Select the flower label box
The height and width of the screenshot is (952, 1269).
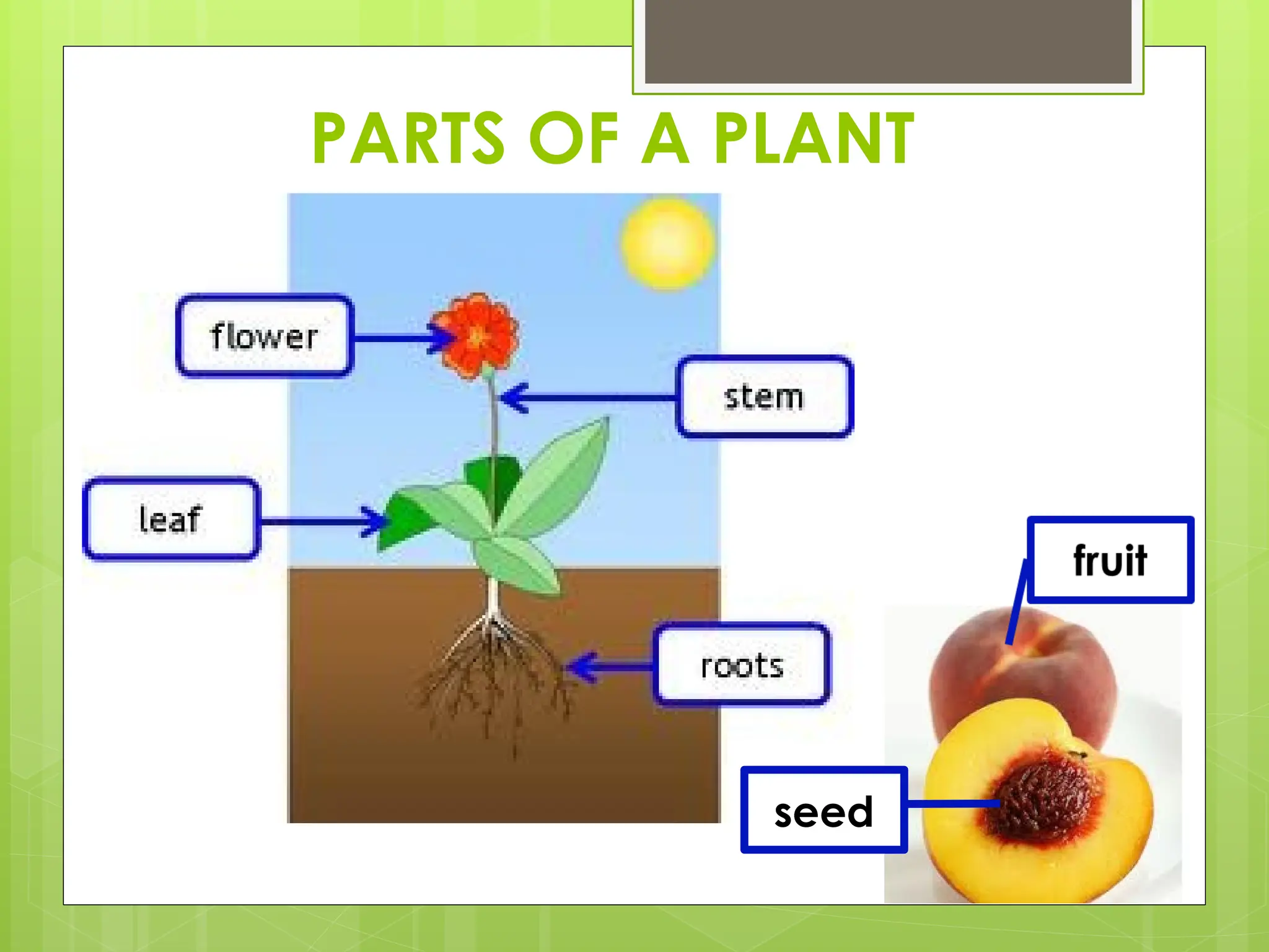pyautogui.click(x=265, y=336)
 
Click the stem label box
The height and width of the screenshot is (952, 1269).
pyautogui.click(x=764, y=397)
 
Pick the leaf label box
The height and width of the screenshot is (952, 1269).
pyautogui.click(x=170, y=519)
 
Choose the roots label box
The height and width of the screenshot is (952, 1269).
pyautogui.click(x=742, y=665)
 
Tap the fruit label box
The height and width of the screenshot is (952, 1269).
pyautogui.click(x=1110, y=560)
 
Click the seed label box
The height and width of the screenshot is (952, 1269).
pyautogui.click(x=823, y=811)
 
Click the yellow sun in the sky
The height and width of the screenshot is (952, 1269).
pyautogui.click(x=667, y=243)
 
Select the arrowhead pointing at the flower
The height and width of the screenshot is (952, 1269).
pyautogui.click(x=441, y=338)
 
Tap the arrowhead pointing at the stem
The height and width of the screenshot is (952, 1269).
pyautogui.click(x=513, y=397)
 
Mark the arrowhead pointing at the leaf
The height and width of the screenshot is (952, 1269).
pyautogui.click(x=374, y=521)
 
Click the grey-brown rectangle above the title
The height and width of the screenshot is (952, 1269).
pyautogui.click(x=887, y=41)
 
